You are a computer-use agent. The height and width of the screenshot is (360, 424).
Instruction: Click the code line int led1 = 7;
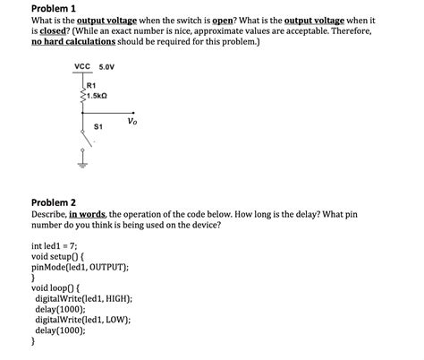click(x=55, y=245)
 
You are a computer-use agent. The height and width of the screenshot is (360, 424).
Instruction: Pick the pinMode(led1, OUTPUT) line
click(x=79, y=267)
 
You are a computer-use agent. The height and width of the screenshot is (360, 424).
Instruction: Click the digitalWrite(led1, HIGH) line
click(x=83, y=298)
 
